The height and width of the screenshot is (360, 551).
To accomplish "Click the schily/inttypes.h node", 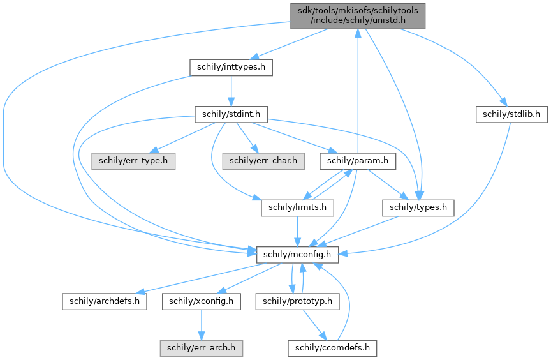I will coord(231,67).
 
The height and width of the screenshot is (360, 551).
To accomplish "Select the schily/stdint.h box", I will coord(230,114).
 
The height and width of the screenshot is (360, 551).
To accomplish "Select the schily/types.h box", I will coord(418,207).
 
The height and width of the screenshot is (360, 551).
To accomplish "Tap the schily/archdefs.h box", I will coord(104,301).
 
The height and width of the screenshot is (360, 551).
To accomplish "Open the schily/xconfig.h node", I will coord(201,301).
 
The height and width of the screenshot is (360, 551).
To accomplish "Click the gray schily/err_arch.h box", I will coord(201,348).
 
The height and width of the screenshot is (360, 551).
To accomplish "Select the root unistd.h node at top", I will coord(357,14).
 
